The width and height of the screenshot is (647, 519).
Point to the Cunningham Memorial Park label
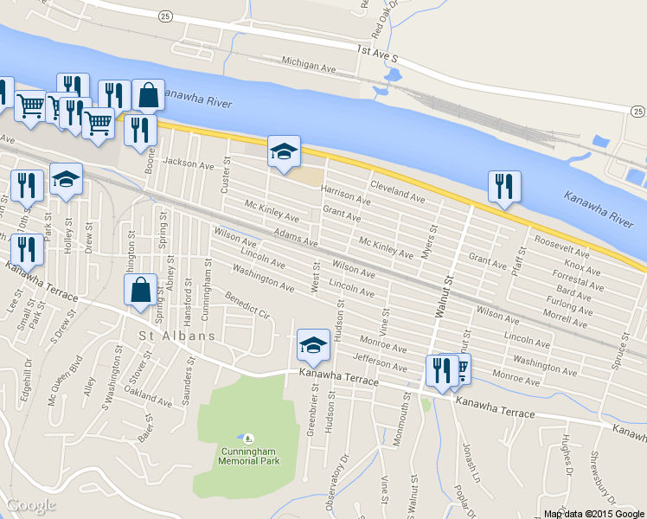248,456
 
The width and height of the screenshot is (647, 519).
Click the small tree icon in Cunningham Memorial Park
248,439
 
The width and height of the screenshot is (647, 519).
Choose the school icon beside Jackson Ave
284,152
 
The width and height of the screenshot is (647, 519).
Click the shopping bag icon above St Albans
140,291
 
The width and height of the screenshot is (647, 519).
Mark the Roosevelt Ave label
561,247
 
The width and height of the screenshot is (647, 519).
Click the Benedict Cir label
248,306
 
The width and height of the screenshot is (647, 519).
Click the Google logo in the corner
30,506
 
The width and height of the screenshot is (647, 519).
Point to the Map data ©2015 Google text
593,513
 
